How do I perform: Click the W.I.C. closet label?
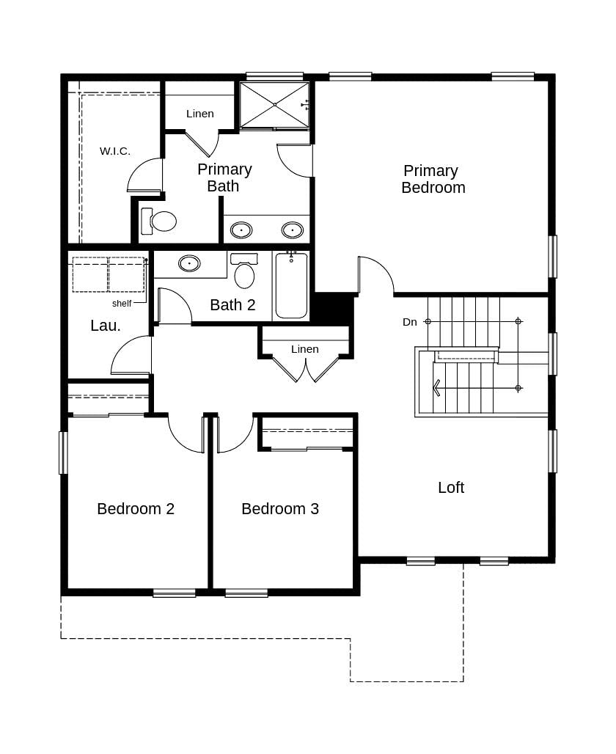tap(115, 151)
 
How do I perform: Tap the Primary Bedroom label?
tap(433, 180)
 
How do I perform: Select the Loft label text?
tap(450, 488)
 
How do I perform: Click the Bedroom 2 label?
tap(136, 509)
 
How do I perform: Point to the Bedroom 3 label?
tap(280, 509)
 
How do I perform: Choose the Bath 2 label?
tap(232, 305)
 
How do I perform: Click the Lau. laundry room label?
tap(106, 326)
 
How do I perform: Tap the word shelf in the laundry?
tap(122, 304)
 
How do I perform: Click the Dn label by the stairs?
tap(409, 322)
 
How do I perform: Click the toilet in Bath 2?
tap(244, 273)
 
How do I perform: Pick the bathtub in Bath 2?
tap(291, 287)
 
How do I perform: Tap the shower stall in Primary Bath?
tap(274, 105)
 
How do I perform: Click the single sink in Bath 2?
tap(189, 263)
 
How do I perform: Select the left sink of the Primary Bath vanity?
tap(241, 230)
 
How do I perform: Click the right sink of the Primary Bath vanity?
tap(293, 230)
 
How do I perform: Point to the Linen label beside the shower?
tap(199, 114)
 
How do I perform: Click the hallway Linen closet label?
tap(304, 349)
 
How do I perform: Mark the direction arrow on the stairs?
tap(437, 387)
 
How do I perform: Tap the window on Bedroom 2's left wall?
tap(63, 453)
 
